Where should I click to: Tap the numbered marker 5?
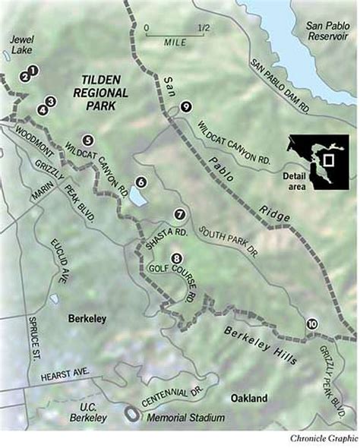(88, 140)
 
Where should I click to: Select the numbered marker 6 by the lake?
(141, 182)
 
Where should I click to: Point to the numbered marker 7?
(180, 214)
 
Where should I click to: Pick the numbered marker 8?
(176, 258)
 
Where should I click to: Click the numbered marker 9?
(185, 107)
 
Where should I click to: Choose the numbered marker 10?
(312, 324)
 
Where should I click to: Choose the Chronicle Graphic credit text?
(322, 440)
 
